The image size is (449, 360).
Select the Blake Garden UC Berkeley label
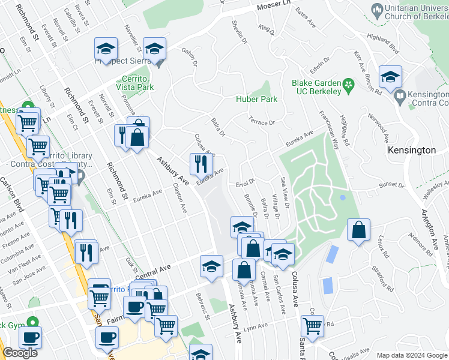pyautogui.click(x=316, y=87)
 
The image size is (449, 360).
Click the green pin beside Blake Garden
pyautogui.click(x=348, y=83)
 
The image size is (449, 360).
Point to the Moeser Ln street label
pyautogui.click(x=273, y=6)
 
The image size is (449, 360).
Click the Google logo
pyautogui.click(x=20, y=353)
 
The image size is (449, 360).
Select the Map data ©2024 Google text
pyautogui.click(x=412, y=355)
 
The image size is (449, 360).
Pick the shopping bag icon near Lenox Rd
pyautogui.click(x=358, y=231)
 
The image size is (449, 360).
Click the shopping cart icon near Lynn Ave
pyautogui.click(x=312, y=326)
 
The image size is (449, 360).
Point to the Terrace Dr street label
pyautogui.click(x=262, y=122)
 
